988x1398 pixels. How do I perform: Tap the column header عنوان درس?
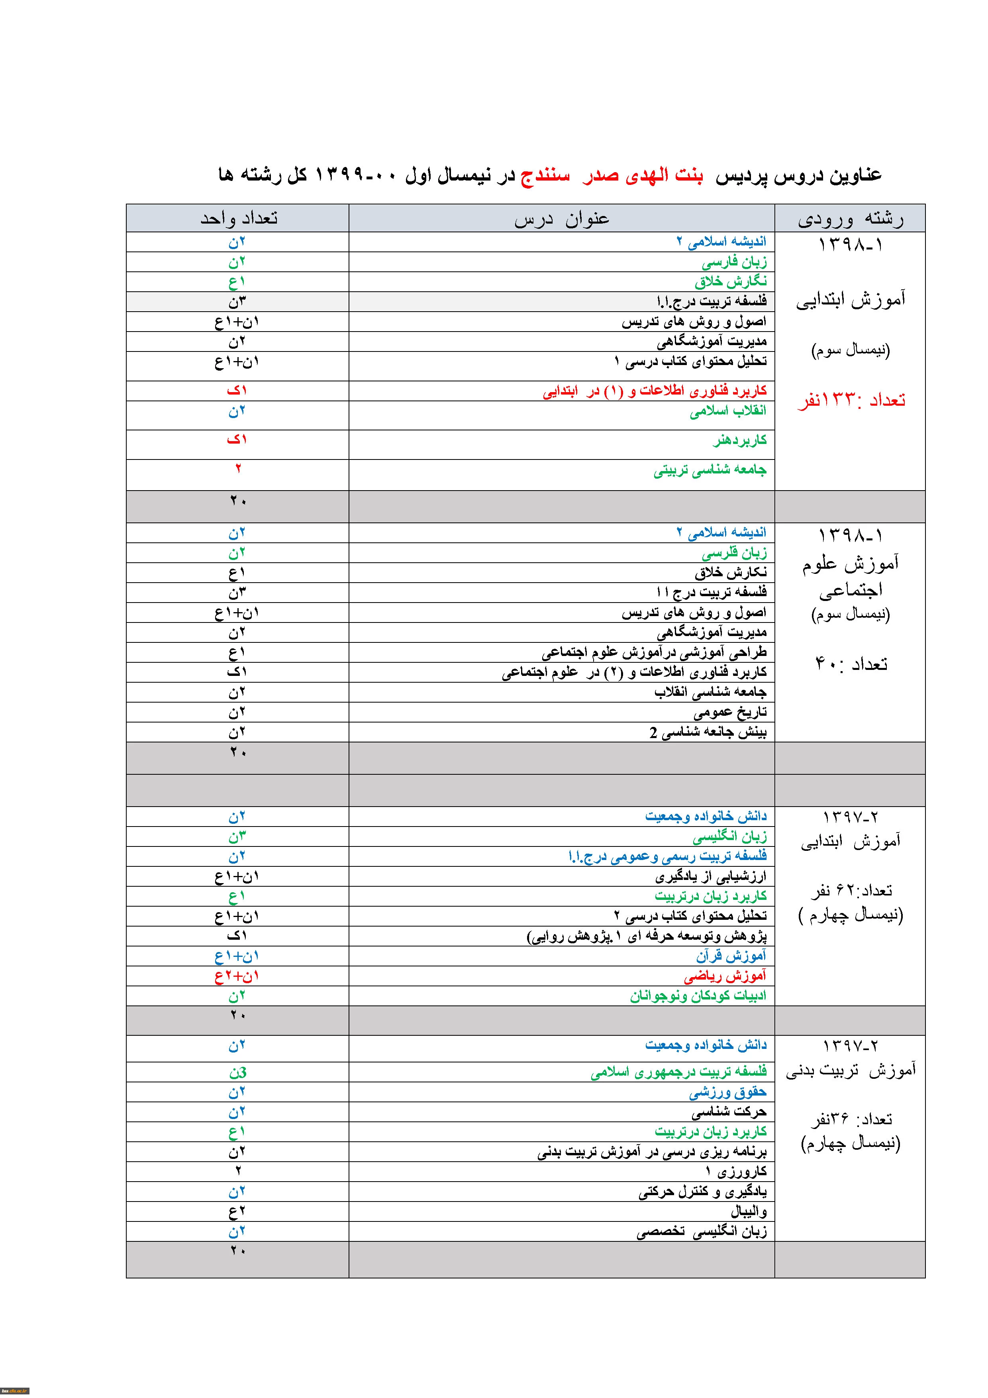(x=561, y=219)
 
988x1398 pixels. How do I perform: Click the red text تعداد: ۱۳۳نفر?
(x=851, y=400)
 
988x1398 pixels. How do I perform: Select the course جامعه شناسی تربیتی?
(x=710, y=469)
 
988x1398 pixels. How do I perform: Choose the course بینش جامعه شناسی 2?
(x=708, y=732)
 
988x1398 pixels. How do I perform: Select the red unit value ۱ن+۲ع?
(x=237, y=976)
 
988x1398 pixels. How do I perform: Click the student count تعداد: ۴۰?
(x=851, y=663)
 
